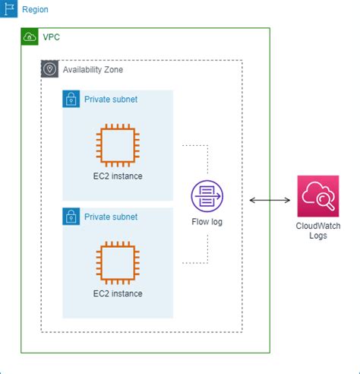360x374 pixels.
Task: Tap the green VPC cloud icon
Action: point(30,36)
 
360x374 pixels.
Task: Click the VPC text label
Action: point(52,36)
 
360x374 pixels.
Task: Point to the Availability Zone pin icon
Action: point(49,69)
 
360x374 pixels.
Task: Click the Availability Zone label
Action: point(93,69)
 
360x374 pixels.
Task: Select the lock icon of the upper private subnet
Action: point(71,99)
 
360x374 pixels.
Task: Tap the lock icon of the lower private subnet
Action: point(71,217)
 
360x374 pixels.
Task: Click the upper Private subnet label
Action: point(110,99)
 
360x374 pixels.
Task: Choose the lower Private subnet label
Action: point(110,217)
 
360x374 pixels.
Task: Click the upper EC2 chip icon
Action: point(118,147)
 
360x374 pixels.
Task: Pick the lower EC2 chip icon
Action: point(118,264)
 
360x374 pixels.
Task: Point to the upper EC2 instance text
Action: point(118,176)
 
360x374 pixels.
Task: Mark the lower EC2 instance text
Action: point(118,293)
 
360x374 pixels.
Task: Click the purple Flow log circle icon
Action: point(207,199)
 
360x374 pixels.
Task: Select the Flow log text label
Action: point(207,223)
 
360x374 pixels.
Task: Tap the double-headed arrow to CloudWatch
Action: point(270,200)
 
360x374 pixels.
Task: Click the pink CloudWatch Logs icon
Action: point(318,196)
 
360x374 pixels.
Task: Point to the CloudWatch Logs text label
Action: point(318,230)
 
